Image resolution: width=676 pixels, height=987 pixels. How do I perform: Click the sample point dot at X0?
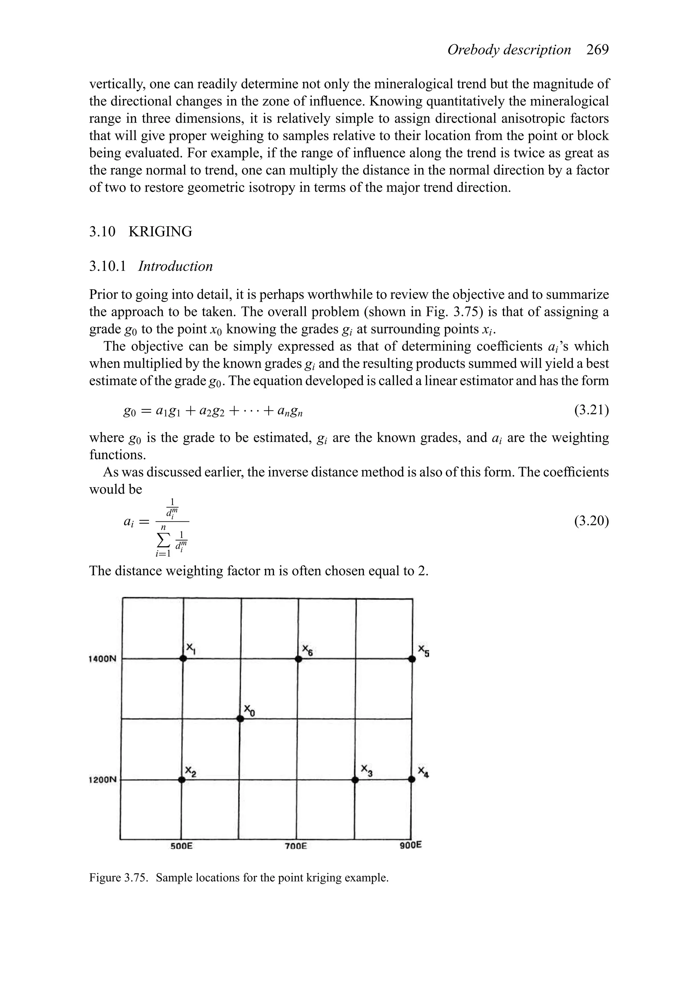[x=240, y=719]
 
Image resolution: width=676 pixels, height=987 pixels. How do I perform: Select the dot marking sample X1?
[x=183, y=659]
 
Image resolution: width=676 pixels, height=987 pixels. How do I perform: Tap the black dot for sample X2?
[x=182, y=780]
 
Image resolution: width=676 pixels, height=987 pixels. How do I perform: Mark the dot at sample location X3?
[x=355, y=780]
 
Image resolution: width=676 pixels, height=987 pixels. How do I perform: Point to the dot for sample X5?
[x=412, y=659]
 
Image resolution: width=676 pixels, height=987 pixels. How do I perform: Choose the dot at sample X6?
[x=298, y=659]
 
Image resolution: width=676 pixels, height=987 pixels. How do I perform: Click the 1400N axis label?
[x=102, y=659]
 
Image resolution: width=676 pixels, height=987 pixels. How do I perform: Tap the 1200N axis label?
[x=102, y=780]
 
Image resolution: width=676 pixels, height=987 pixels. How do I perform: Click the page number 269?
[x=597, y=50]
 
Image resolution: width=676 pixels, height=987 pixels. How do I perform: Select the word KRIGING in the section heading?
[x=160, y=232]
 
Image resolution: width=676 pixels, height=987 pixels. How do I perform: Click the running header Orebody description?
[x=509, y=50]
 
